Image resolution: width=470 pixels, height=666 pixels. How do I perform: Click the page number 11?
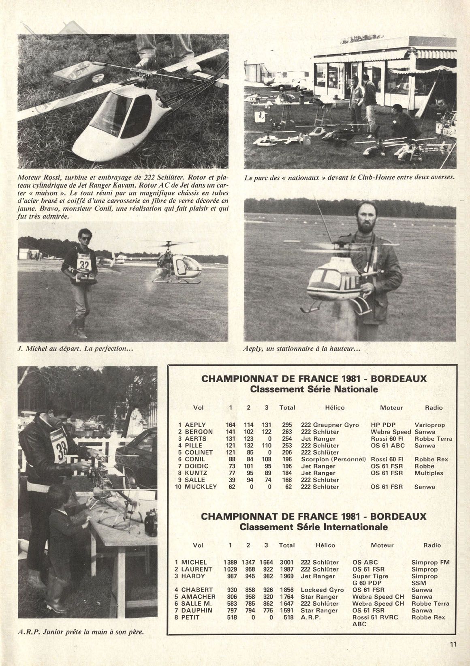point(453,644)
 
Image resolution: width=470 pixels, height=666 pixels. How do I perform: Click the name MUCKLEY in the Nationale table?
point(201,487)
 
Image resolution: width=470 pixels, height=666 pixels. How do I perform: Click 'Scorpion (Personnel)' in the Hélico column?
point(333,459)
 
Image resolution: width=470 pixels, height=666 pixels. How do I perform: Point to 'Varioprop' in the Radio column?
point(429,425)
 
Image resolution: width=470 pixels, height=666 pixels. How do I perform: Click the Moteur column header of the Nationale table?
point(391,408)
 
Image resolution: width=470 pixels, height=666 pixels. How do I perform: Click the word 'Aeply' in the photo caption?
point(255,348)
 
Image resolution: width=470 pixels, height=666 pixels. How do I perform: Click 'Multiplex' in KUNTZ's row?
point(429,473)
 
